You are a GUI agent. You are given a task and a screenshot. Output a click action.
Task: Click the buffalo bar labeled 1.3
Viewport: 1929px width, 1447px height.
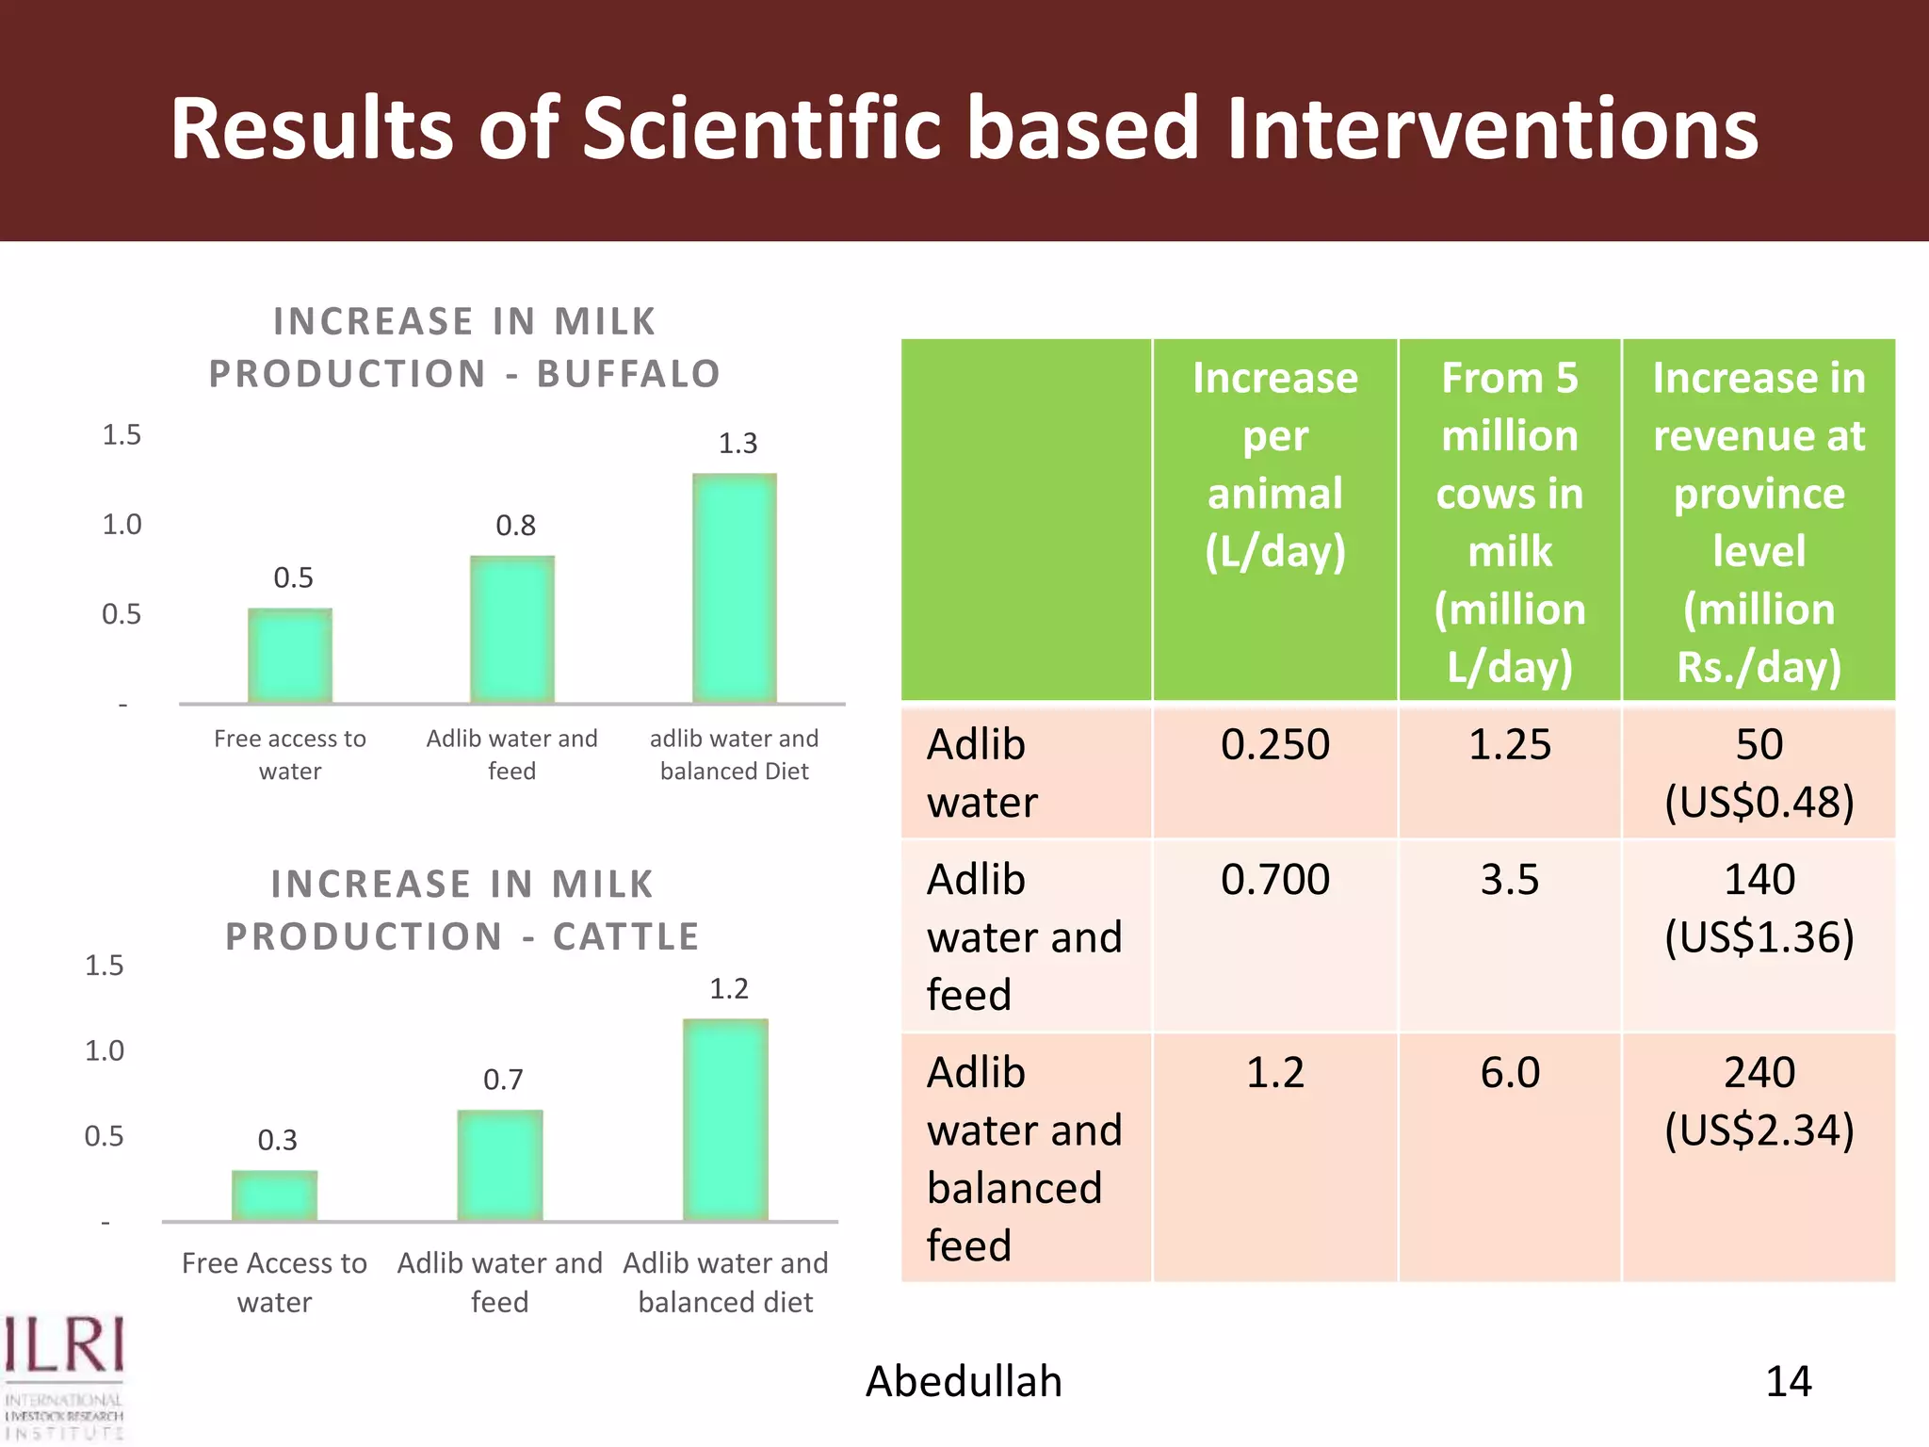coord(735,589)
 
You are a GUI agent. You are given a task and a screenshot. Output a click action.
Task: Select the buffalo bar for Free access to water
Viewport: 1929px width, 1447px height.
coord(290,656)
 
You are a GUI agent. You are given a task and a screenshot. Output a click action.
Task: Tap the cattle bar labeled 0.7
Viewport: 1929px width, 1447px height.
coord(500,1166)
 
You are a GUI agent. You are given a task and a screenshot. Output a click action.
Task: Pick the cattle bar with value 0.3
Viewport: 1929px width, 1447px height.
coord(275,1196)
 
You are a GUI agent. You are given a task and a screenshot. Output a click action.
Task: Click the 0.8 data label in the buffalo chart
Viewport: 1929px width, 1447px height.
coord(516,526)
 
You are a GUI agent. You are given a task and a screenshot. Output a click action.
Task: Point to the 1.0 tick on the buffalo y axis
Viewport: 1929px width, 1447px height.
coord(122,525)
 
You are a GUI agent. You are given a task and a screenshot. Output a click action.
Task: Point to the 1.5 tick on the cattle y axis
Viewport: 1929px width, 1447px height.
coord(105,966)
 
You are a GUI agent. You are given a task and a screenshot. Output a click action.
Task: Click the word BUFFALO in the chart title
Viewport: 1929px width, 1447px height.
coord(629,374)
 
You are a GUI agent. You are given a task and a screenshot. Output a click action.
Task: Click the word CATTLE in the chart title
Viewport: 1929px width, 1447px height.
coord(626,936)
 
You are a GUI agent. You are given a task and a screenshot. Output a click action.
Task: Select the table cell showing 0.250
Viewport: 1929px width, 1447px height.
coord(1275,745)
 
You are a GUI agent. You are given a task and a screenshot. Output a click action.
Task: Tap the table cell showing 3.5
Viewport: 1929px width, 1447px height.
coord(1510,880)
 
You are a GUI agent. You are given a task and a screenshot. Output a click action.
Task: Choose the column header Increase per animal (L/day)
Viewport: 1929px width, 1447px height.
coord(1275,464)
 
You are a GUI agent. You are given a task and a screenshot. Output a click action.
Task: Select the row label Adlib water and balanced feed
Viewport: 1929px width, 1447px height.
coord(1025,1159)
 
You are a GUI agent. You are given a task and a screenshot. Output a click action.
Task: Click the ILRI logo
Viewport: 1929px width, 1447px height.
coord(64,1375)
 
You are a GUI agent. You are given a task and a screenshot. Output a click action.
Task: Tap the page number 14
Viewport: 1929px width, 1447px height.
coord(1788,1382)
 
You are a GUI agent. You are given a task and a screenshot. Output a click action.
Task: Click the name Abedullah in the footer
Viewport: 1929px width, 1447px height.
coord(964,1382)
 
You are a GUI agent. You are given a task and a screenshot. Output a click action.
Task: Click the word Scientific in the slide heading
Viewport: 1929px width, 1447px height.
coord(763,129)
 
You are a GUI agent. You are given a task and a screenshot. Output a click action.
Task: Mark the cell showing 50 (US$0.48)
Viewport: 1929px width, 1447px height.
coord(1759,773)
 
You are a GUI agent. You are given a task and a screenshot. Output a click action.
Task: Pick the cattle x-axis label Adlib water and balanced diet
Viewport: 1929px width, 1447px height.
coord(725,1282)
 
